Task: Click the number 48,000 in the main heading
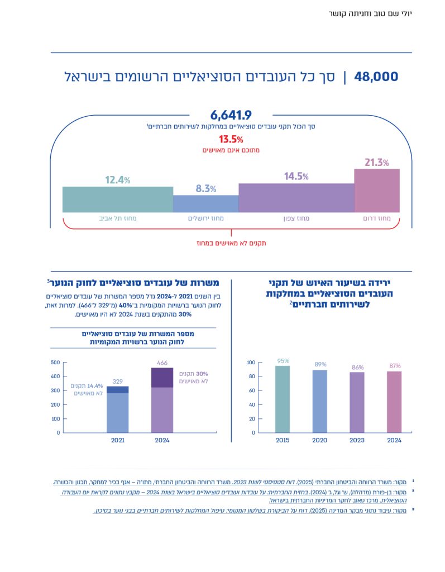[376, 77]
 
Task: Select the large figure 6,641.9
[231, 116]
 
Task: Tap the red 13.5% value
[231, 139]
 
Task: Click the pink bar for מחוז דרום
[377, 190]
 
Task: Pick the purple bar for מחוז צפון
[296, 198]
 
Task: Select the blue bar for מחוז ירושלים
[205, 203]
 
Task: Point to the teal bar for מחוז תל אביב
[117, 199]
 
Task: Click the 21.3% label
[376, 163]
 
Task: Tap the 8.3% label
[205, 189]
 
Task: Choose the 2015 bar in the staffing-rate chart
[283, 399]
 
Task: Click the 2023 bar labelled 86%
[357, 402]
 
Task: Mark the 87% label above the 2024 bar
[395, 366]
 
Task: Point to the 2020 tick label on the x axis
[320, 440]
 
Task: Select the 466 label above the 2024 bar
[162, 363]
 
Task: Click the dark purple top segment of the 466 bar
[162, 378]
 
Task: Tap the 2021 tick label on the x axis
[117, 440]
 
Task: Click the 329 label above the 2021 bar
[117, 382]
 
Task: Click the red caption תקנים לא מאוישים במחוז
[231, 243]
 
